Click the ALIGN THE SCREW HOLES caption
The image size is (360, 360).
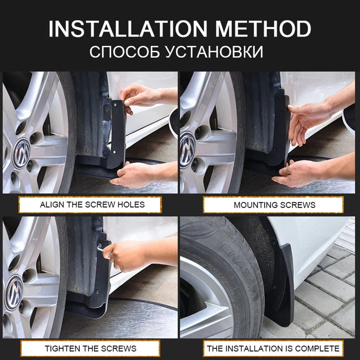pos(92,205)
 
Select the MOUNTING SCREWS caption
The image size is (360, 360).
pos(274,205)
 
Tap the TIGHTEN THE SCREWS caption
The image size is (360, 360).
pos(90,348)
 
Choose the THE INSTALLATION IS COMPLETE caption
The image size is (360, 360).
pos(273,348)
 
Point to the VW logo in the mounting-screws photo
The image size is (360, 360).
pos(187,150)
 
